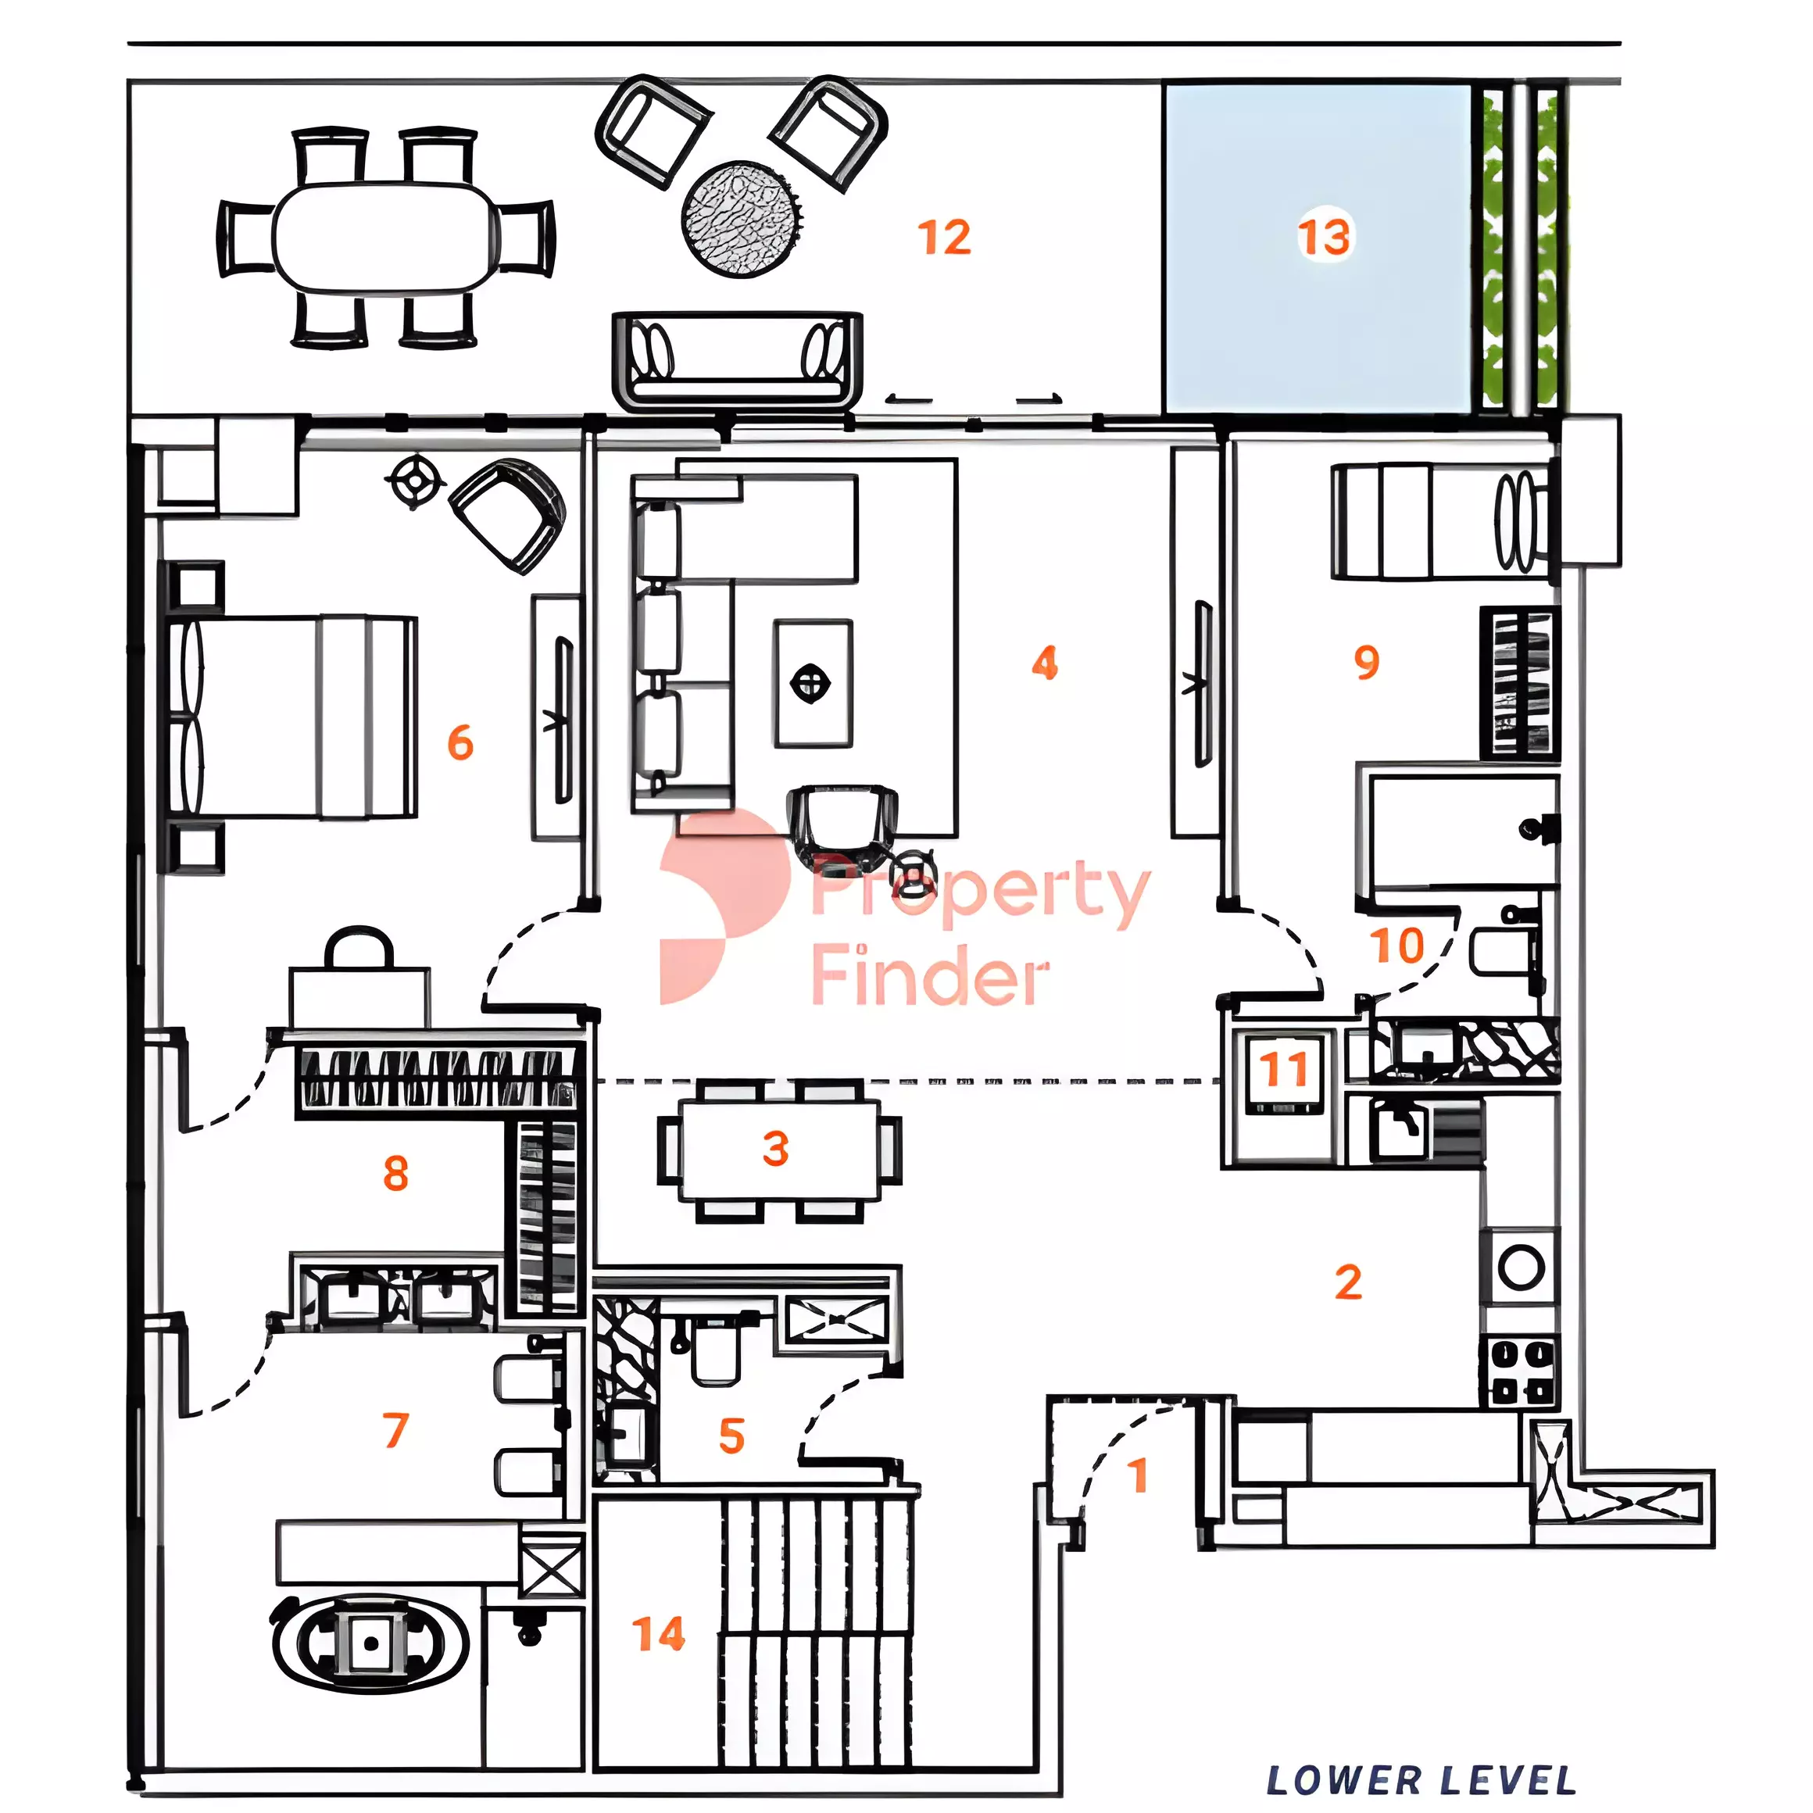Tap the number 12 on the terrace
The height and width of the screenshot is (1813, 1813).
pos(944,238)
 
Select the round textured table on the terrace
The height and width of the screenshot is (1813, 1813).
pos(742,219)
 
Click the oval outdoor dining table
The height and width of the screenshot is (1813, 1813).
pos(386,238)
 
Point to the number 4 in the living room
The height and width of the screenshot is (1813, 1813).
pos(1045,663)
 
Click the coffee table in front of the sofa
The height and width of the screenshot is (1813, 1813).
pos(814,683)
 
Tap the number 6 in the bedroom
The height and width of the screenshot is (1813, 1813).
pos(460,742)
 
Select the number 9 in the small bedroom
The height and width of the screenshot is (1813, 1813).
pos(1366,663)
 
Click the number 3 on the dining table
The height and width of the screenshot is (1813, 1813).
pos(775,1148)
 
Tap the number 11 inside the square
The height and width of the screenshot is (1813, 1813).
pos(1283,1069)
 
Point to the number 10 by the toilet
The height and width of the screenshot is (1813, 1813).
pos(1397,945)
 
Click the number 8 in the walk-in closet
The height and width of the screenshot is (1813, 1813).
pos(396,1173)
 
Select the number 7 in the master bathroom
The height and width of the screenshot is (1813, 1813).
pos(396,1430)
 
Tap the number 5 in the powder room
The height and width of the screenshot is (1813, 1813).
pos(731,1436)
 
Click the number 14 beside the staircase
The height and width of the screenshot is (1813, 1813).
pos(659,1634)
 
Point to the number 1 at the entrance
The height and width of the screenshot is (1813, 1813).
pos(1139,1476)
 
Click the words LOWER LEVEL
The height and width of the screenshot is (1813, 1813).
pos(1421,1780)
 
